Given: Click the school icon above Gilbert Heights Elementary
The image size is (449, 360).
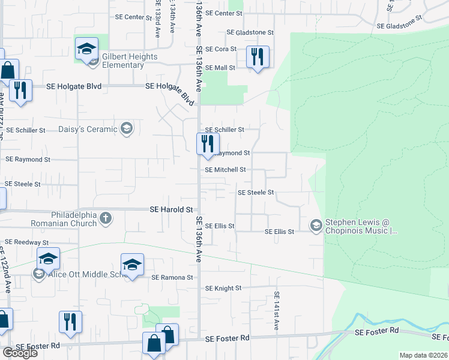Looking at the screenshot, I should (x=87, y=49).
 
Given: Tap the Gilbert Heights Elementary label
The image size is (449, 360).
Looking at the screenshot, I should (x=129, y=61).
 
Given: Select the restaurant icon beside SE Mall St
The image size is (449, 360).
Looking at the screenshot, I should (x=258, y=57).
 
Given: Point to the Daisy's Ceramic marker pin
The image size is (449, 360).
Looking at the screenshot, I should (x=126, y=128).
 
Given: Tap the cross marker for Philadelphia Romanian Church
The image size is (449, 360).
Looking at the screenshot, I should (x=106, y=217).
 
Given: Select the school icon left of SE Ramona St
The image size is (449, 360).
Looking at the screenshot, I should (x=132, y=265).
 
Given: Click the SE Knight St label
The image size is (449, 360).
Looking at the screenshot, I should (x=223, y=288).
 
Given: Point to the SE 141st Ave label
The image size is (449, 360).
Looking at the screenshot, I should (x=277, y=311).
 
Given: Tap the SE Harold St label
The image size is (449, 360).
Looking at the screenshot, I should (x=171, y=209).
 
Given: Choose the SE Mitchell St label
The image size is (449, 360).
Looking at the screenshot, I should (x=225, y=170).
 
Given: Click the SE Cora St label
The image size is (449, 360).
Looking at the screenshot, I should (x=221, y=49).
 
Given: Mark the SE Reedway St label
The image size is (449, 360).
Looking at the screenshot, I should (x=26, y=242).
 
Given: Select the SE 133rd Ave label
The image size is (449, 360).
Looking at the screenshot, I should (x=157, y=19).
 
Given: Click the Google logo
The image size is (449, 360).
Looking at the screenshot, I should (x=20, y=353).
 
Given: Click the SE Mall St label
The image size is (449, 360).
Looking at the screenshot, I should (x=220, y=68).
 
